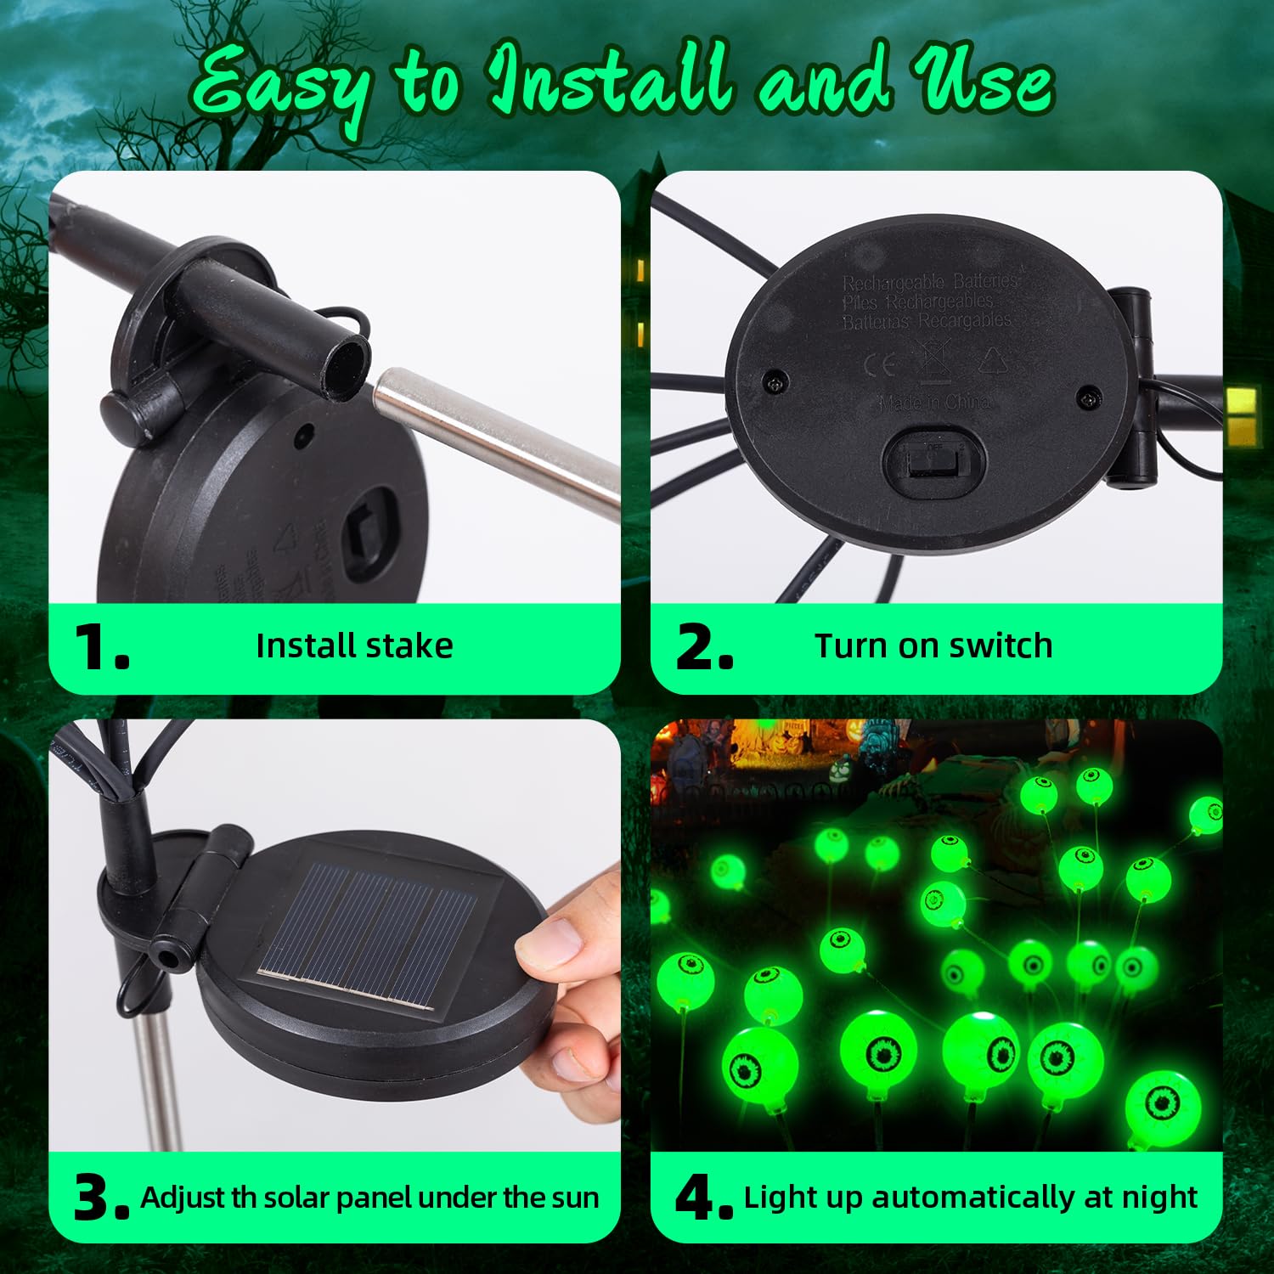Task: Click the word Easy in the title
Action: click(280, 85)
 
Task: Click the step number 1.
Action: click(100, 647)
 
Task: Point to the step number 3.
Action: click(100, 1198)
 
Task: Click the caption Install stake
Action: click(354, 646)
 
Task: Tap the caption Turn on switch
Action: click(933, 646)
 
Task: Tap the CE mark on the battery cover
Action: click(880, 365)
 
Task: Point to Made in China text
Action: click(934, 403)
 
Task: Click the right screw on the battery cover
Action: click(1089, 396)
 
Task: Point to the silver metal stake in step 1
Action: click(501, 442)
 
